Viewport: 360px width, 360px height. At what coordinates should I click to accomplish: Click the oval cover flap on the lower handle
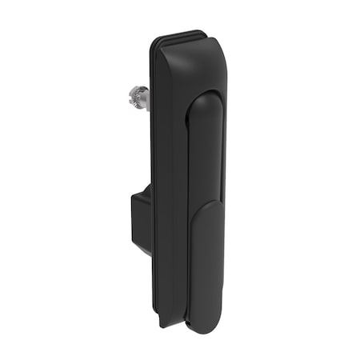pyautogui.click(x=207, y=264)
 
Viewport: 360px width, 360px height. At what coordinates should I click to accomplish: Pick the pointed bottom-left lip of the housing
pyautogui.click(x=163, y=323)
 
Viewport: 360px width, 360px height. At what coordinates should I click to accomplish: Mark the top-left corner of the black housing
pyautogui.click(x=154, y=44)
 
